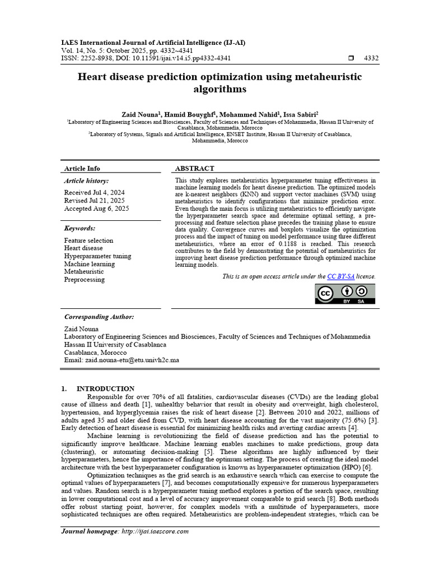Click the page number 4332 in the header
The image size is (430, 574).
click(x=371, y=58)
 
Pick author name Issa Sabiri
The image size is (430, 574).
click(x=301, y=113)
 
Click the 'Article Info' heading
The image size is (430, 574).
click(x=82, y=168)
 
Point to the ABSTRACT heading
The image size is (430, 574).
click(x=194, y=168)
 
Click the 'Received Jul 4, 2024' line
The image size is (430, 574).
click(x=94, y=192)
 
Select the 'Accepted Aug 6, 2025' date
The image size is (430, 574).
click(x=96, y=209)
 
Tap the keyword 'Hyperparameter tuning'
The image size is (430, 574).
click(x=97, y=256)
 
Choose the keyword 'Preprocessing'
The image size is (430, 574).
click(x=84, y=280)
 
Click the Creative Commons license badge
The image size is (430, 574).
click(x=345, y=294)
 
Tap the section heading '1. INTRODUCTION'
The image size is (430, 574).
click(x=97, y=388)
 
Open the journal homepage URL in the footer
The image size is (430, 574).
click(x=155, y=531)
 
